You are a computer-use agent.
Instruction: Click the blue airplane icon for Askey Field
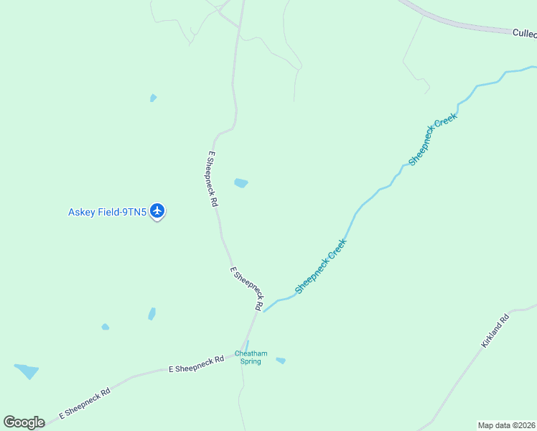point(158,211)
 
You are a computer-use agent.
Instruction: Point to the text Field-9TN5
point(123,212)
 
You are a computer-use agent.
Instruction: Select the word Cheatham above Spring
point(251,353)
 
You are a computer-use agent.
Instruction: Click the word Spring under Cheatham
point(251,361)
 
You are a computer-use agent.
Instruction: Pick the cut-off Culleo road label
point(524,33)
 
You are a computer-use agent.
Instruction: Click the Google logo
point(24,422)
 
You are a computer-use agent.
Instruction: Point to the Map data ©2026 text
point(506,425)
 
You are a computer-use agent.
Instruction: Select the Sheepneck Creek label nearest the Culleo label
point(432,139)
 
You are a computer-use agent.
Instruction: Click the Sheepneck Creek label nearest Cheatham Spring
point(320,267)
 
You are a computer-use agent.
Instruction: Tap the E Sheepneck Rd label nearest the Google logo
point(84,404)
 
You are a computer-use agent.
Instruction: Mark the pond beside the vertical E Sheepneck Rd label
point(241,183)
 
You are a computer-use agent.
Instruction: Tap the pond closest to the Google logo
point(27,371)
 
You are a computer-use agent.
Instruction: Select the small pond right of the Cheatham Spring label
point(281,361)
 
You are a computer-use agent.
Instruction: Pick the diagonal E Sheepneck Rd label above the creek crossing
point(246,289)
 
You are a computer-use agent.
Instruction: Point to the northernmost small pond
point(153,98)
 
